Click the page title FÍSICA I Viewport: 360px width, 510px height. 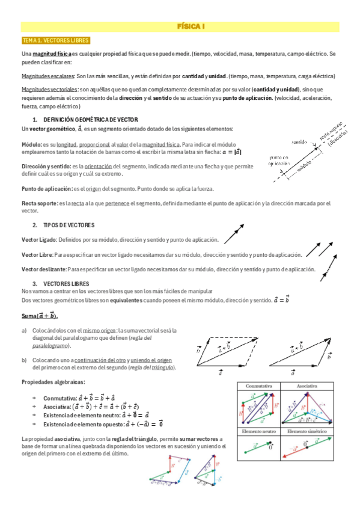pos(191,27)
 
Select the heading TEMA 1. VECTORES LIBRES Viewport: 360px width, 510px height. pos(55,40)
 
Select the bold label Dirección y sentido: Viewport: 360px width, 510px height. pos(46,165)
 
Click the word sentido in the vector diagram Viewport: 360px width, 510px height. pos(299,143)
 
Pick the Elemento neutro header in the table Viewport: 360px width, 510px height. pos(260,432)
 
